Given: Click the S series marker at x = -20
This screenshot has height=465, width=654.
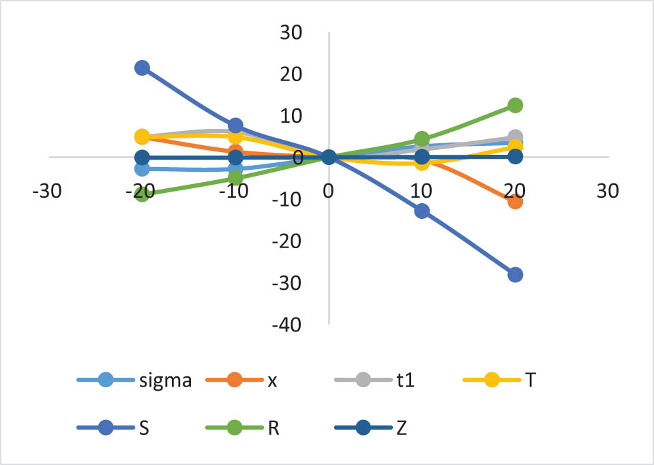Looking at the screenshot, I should coord(142,67).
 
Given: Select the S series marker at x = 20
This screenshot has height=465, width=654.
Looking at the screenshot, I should coord(515,275).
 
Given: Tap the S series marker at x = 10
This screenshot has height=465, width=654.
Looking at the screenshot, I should coord(422,211).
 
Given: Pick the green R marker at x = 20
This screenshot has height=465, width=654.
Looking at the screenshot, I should coord(515,105).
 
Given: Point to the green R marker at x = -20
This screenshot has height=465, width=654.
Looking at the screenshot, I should coord(142,194).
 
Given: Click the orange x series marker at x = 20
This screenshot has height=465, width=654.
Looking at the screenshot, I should coord(515,201).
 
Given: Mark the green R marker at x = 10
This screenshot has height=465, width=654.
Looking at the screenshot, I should coord(422,139).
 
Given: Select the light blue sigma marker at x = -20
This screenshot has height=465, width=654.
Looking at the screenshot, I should coord(142,168).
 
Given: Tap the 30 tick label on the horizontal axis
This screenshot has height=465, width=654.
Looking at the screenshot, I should coord(607,192).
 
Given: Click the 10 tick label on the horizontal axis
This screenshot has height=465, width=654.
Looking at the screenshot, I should coord(422,192).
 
